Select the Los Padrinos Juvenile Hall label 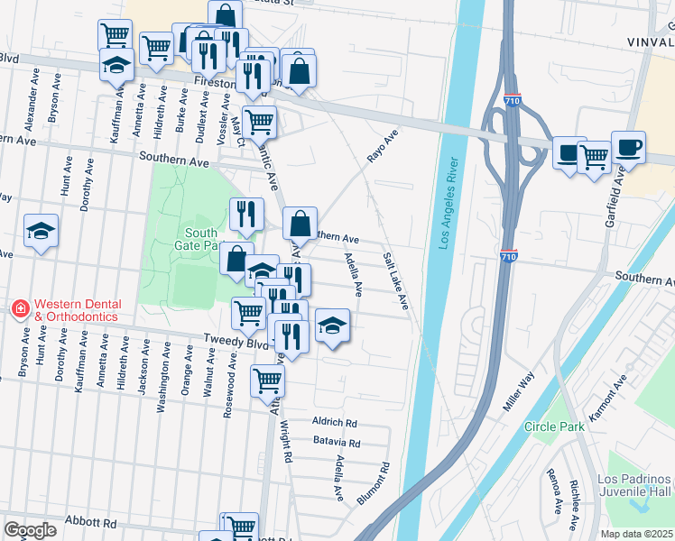(x=636, y=484)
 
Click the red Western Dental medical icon (x=20, y=309)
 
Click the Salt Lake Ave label (x=395, y=281)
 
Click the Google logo (x=30, y=529)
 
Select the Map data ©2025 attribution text (x=636, y=534)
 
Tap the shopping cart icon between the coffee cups (x=594, y=157)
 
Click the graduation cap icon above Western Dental (x=41, y=232)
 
